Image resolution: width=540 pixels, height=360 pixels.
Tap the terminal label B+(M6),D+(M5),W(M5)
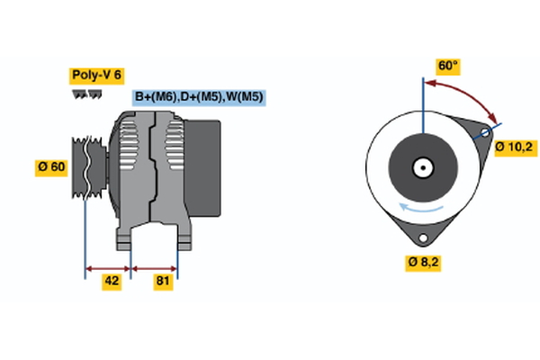pyautogui.click(x=199, y=96)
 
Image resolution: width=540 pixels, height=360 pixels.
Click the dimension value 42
pyautogui.click(x=112, y=282)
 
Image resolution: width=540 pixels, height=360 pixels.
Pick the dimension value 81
pyautogui.click(x=164, y=282)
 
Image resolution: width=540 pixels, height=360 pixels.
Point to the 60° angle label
pyautogui.click(x=447, y=66)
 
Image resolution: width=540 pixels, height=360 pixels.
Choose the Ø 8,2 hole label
pyautogui.click(x=423, y=263)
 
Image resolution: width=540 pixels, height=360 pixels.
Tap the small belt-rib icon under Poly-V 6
pyautogui.click(x=87, y=94)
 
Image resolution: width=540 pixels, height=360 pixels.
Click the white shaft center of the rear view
pyautogui.click(x=421, y=166)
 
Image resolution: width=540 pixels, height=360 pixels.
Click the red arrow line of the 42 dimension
pyautogui.click(x=108, y=267)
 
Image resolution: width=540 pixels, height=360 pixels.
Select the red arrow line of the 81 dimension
pyautogui.click(x=155, y=267)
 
